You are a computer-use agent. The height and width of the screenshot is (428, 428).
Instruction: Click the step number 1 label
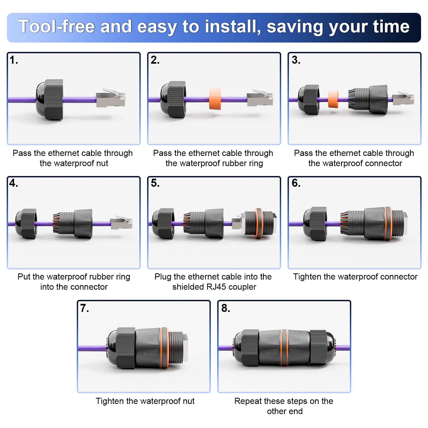tap(14, 60)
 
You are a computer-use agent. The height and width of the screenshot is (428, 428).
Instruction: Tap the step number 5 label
tap(155, 183)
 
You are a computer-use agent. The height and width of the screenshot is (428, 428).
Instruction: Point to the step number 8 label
tap(226, 308)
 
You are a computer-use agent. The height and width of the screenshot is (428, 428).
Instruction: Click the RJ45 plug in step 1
tap(111, 98)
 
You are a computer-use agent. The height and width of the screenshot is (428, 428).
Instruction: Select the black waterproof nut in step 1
tap(50, 99)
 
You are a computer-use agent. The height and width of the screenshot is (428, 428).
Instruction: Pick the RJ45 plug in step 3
tap(403, 98)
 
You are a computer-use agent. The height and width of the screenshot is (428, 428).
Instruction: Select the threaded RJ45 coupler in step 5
tap(259, 223)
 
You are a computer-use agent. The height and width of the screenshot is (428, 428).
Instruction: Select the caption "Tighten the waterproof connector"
tap(355, 277)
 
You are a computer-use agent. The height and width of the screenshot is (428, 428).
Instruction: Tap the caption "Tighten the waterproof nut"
tap(145, 401)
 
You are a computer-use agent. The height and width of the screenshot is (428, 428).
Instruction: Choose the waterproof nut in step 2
tap(173, 99)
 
